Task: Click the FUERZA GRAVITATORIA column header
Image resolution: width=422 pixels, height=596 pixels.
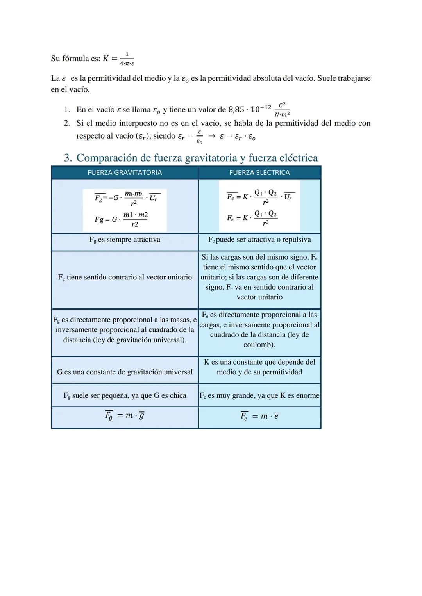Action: (125, 173)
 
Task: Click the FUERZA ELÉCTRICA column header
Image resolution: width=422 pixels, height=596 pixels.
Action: (259, 173)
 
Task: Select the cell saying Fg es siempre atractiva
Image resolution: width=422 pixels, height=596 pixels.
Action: (125, 240)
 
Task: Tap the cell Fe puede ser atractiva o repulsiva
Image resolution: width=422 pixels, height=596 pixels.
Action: (259, 240)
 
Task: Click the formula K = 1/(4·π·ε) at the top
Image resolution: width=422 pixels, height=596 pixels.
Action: (119, 59)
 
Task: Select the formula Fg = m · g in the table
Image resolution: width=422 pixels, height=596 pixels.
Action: (125, 416)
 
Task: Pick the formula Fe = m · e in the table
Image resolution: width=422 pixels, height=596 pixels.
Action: (259, 416)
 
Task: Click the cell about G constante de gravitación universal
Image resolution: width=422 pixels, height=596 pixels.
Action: (125, 372)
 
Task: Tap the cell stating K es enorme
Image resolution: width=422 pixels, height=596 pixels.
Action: (259, 395)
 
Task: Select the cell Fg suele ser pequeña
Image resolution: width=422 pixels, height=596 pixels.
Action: (125, 395)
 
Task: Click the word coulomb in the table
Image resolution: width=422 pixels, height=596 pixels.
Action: (259, 345)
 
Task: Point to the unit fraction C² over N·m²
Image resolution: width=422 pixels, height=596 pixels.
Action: (282, 110)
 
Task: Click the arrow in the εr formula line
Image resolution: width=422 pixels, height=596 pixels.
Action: (211, 136)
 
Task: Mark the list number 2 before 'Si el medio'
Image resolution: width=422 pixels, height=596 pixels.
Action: (67, 123)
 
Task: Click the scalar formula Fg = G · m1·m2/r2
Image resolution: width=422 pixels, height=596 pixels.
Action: (121, 219)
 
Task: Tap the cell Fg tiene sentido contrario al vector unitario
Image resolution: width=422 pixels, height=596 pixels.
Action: (125, 278)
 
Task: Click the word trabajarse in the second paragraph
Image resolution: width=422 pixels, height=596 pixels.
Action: (354, 78)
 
